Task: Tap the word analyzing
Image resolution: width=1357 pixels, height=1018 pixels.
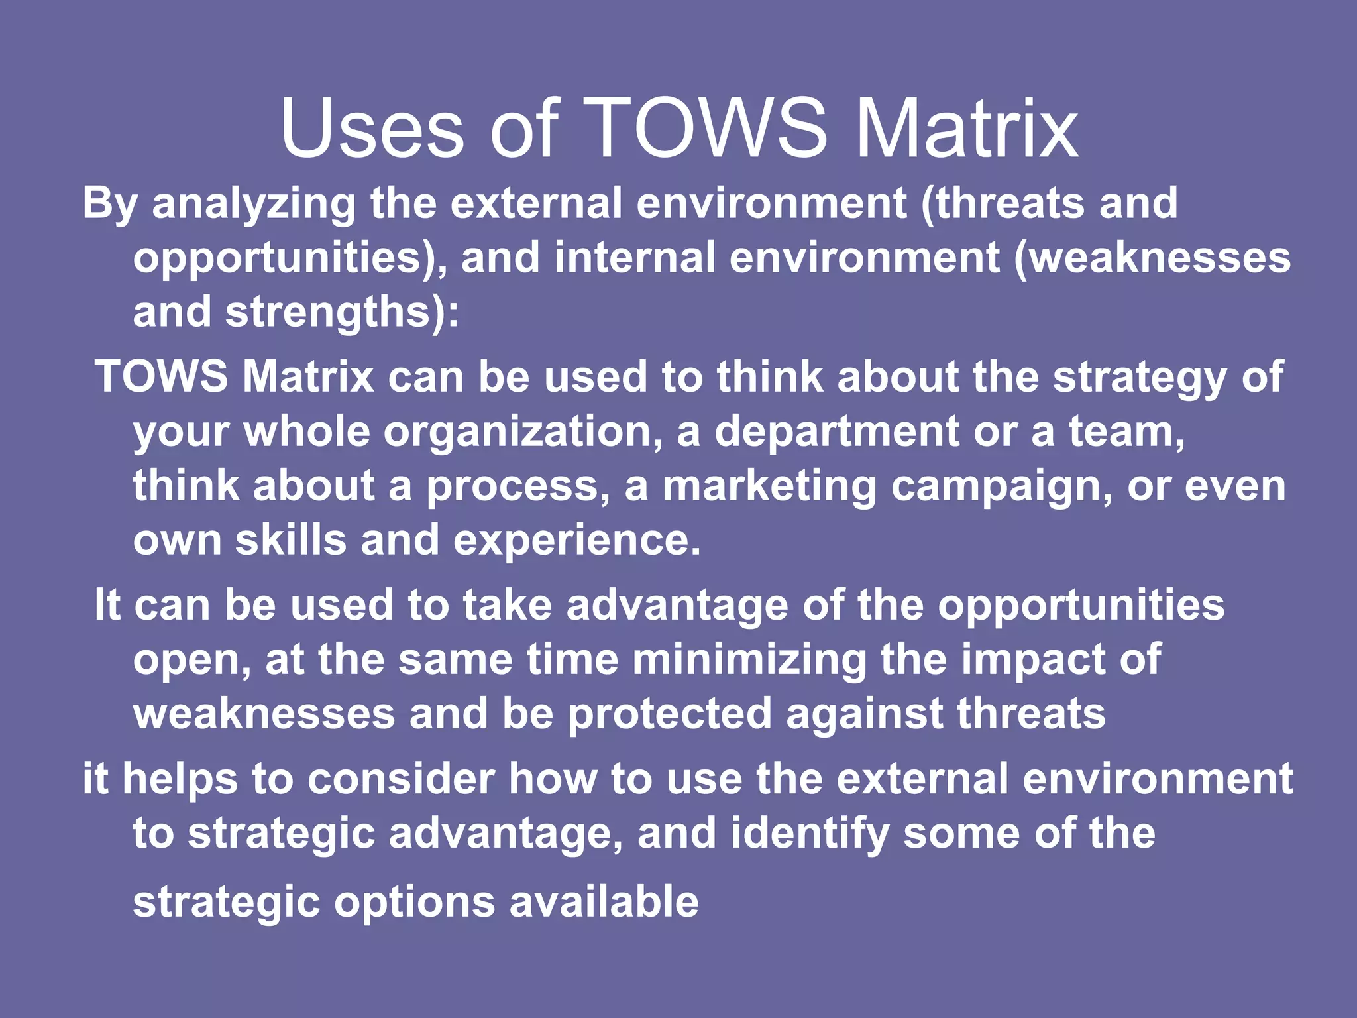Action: [254, 204]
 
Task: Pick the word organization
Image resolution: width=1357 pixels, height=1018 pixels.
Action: [522, 432]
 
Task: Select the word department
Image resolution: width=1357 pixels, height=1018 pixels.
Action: [836, 432]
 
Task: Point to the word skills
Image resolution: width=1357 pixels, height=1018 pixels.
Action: [291, 540]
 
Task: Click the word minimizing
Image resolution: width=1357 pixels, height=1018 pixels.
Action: [749, 661]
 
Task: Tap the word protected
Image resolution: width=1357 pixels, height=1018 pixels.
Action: [670, 714]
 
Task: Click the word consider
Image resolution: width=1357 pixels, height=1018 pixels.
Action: [401, 779]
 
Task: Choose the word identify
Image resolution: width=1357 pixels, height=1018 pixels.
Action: [809, 834]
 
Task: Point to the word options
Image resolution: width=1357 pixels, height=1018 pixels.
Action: [414, 903]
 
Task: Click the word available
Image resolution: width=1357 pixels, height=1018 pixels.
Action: [604, 901]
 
